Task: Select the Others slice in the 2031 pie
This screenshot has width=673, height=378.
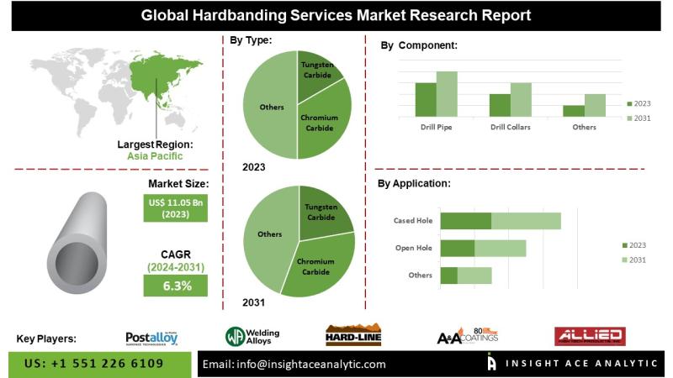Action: tap(268, 235)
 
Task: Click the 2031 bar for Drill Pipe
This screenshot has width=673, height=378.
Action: tap(446, 94)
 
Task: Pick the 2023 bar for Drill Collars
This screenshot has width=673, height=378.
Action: tap(500, 105)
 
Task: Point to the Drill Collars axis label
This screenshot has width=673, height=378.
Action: tap(511, 127)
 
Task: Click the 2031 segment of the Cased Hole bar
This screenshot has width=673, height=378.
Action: tap(526, 221)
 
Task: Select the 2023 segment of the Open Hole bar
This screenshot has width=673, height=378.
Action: tap(458, 248)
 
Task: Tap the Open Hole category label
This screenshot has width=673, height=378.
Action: tap(414, 248)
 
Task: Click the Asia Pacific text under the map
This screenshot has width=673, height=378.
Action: tap(155, 156)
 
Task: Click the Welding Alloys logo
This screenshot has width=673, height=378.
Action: tap(252, 337)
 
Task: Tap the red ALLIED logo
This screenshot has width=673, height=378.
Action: tap(589, 337)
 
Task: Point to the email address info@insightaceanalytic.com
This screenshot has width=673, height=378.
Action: tap(294, 364)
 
